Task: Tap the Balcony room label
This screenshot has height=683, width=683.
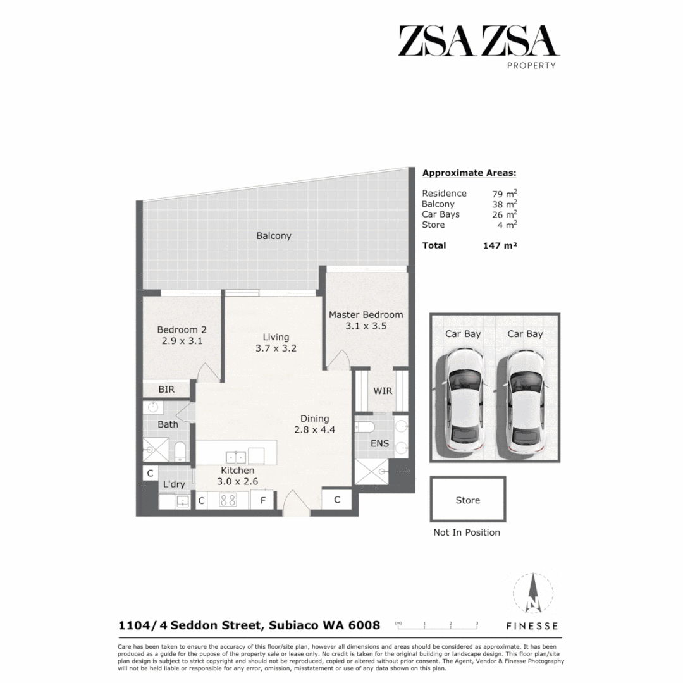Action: pos(274,236)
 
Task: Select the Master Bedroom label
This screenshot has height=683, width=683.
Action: pos(366,314)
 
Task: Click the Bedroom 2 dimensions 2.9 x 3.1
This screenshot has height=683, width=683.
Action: pos(182,341)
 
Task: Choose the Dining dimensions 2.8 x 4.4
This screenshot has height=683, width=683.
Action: pos(314,430)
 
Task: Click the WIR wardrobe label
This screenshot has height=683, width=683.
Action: pos(383,391)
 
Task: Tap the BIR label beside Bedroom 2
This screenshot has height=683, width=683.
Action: pos(166,390)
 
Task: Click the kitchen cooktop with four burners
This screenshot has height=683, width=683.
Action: pos(228,500)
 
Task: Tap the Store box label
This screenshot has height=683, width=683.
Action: pos(468,500)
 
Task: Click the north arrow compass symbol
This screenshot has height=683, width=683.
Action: pos(532,594)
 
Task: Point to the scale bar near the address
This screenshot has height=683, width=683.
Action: pos(437,626)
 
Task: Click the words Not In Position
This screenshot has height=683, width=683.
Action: pos(467,532)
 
